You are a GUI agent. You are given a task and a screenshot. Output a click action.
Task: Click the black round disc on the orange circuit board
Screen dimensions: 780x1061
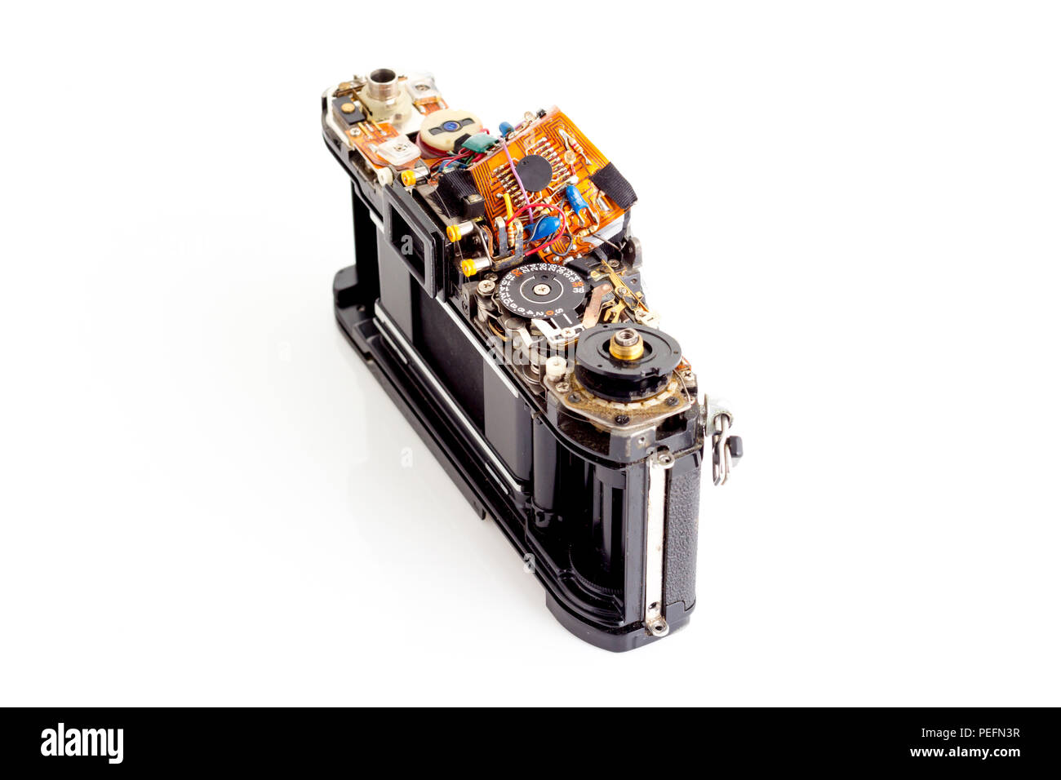tap(533, 171)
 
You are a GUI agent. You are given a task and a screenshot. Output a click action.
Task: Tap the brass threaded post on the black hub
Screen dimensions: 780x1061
tap(626, 347)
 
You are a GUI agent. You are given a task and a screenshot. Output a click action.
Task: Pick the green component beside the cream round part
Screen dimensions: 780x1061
tap(479, 142)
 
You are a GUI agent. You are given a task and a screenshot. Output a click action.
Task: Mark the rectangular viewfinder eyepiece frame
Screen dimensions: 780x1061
tap(413, 242)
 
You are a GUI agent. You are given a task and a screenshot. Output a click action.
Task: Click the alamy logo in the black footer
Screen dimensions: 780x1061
tap(82, 742)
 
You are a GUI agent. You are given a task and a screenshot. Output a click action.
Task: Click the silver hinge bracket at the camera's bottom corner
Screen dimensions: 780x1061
tap(655, 625)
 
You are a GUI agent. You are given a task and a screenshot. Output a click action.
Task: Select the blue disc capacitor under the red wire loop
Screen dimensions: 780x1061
tap(544, 227)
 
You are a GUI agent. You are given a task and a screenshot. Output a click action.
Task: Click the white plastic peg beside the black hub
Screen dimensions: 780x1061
tap(557, 366)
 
